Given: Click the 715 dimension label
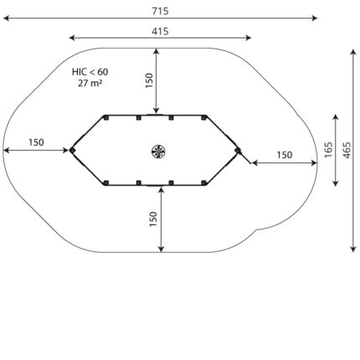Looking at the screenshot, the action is coord(160,11).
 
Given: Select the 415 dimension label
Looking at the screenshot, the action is coord(160,31).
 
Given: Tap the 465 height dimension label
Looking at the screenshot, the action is coord(347,150).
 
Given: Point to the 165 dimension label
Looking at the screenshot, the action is coord(328,150).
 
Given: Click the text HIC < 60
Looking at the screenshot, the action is coord(90,72).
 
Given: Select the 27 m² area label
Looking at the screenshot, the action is coord(90,83).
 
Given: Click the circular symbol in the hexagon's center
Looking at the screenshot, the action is coord(158,152).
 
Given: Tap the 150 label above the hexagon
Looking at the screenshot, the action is coord(149,80).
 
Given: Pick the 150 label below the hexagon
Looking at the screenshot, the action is coord(153,219).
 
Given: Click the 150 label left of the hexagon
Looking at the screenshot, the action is coord(36,142).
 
